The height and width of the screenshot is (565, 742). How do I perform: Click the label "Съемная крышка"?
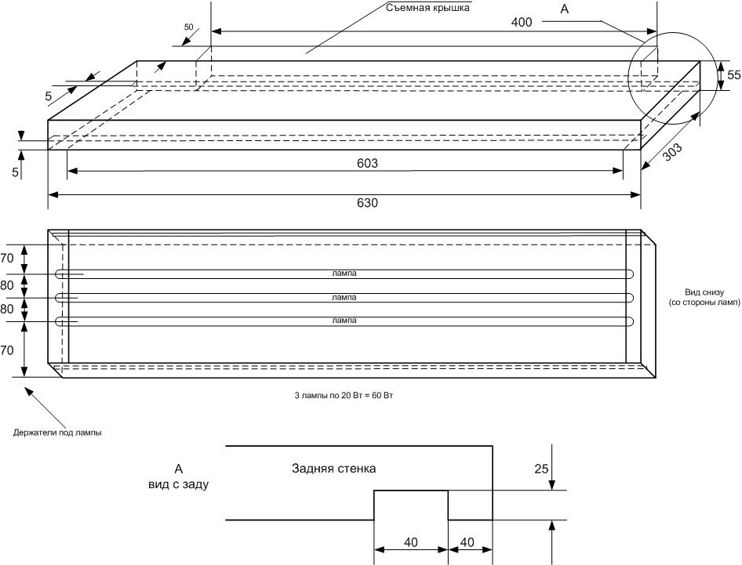(x=428, y=9)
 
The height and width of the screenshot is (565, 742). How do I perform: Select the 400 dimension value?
(x=521, y=22)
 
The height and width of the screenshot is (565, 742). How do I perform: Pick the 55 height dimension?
(x=733, y=75)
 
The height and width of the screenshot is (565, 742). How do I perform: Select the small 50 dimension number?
(x=188, y=27)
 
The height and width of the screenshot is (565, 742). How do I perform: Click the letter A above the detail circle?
(x=564, y=9)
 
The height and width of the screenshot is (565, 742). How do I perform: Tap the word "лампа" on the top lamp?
(x=344, y=273)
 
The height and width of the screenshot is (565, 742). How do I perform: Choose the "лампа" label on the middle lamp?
(x=344, y=298)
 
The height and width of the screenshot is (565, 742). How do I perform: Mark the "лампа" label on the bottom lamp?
(x=344, y=321)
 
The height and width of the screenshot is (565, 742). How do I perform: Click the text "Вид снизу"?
(x=703, y=292)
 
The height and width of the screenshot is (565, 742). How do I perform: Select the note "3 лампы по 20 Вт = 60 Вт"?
(x=344, y=396)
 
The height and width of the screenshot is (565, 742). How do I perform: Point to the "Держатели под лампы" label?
(x=57, y=432)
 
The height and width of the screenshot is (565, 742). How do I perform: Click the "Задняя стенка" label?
(x=333, y=469)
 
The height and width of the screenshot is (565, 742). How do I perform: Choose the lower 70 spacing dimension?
(x=7, y=350)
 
